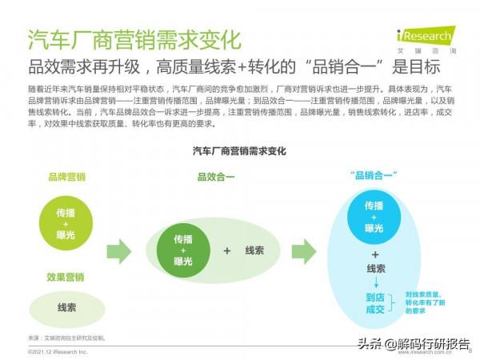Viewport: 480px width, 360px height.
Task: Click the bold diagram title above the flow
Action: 239,150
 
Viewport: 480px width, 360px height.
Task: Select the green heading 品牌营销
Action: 66,177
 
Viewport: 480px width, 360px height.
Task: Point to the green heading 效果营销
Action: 66,277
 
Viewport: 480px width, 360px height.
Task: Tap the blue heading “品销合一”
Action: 374,176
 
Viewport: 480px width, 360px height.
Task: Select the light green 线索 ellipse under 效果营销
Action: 66,308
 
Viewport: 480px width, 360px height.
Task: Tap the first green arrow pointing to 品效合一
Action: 118,251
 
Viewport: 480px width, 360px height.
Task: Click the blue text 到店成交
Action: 375,303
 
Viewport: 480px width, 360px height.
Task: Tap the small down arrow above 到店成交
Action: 375,284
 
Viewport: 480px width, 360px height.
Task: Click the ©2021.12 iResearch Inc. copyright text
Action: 56,351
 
